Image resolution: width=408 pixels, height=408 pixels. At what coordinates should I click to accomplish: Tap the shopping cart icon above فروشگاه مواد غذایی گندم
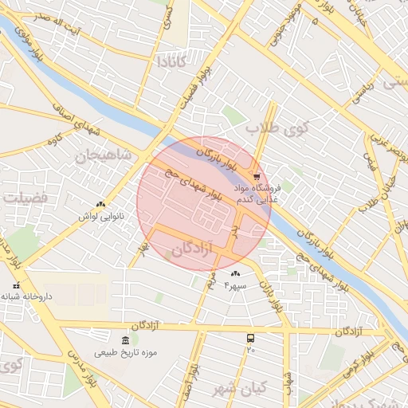coord(256,177)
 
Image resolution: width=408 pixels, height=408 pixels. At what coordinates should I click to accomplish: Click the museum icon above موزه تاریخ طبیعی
coord(125,341)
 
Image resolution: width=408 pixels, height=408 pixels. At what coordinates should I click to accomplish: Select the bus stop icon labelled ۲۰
coord(251,338)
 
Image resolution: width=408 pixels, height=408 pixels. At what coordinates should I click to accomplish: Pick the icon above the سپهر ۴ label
coord(235,273)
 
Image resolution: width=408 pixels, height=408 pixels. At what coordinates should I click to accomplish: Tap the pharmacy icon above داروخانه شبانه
coord(16,285)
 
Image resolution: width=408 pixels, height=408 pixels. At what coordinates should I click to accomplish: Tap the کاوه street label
coord(55,142)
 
